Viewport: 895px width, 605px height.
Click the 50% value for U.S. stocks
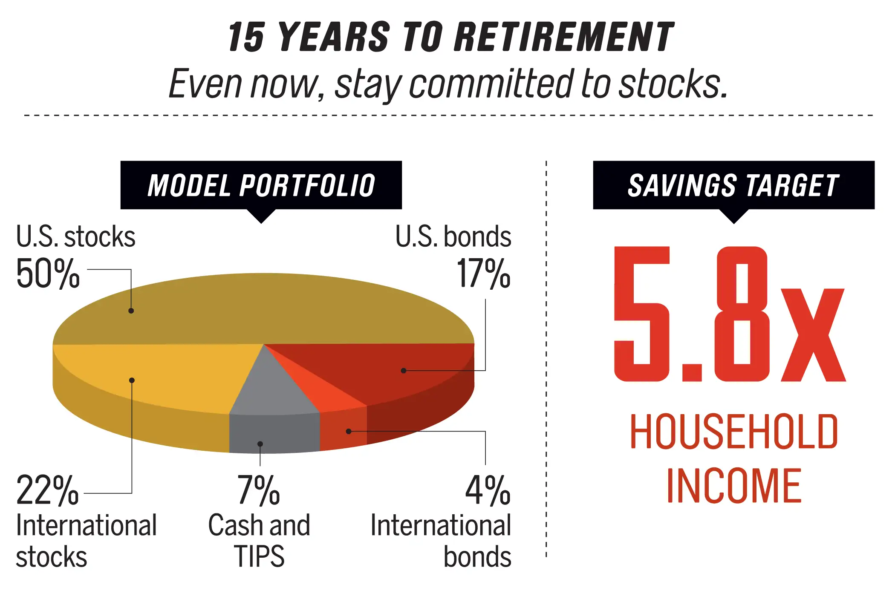48,274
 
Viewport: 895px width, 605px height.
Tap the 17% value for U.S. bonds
484,274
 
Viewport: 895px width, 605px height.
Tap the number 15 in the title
246,37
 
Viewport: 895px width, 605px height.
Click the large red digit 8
743,314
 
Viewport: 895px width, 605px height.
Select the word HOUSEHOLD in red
734,432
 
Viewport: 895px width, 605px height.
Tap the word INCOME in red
734,485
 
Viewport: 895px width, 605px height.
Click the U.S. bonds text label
453,236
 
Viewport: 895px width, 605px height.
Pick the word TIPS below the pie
259,556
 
